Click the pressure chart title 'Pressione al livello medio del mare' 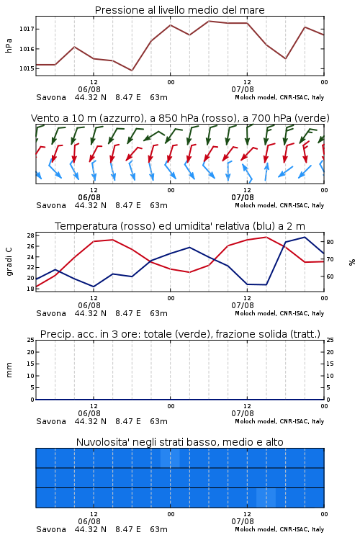tap(179, 10)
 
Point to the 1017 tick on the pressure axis tap(27, 29)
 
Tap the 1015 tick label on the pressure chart tap(27, 68)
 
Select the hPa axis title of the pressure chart tap(9, 45)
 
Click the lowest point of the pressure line tap(132, 71)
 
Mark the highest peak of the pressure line tap(208, 21)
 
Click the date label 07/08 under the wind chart tap(243, 198)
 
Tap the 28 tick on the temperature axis tap(31, 235)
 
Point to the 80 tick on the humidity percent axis tap(330, 242)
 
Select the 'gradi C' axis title tap(9, 261)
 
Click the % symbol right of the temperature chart tap(352, 262)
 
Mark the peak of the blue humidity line tap(305, 237)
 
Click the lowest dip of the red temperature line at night tap(189, 272)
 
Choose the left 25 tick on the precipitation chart tap(31, 340)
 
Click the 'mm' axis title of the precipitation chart tap(9, 370)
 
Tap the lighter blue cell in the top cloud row tap(170, 458)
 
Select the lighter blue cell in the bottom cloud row tap(266, 498)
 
